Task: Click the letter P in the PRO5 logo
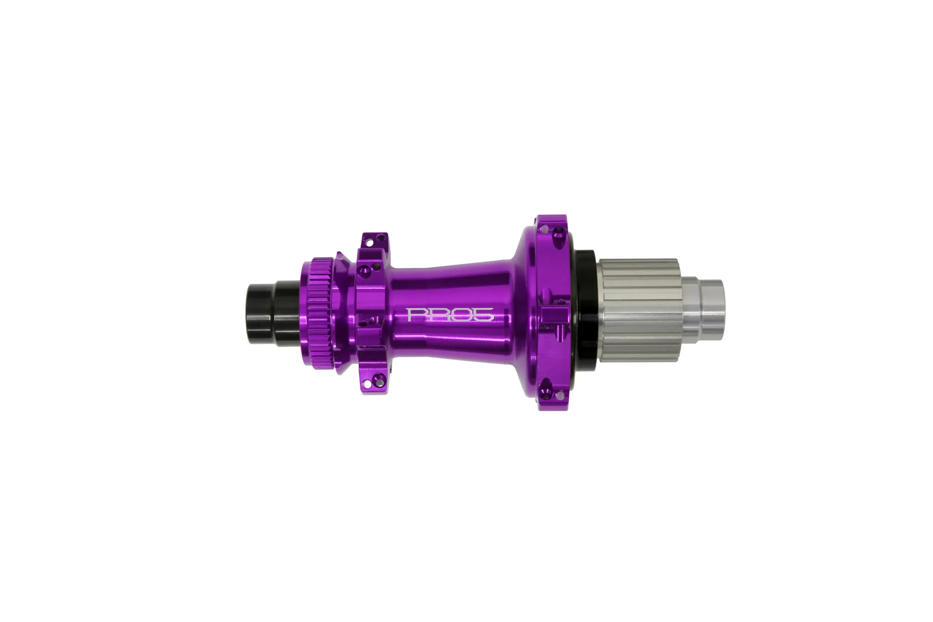(x=415, y=314)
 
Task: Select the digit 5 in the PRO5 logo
(x=484, y=314)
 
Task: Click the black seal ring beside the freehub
(x=586, y=311)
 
